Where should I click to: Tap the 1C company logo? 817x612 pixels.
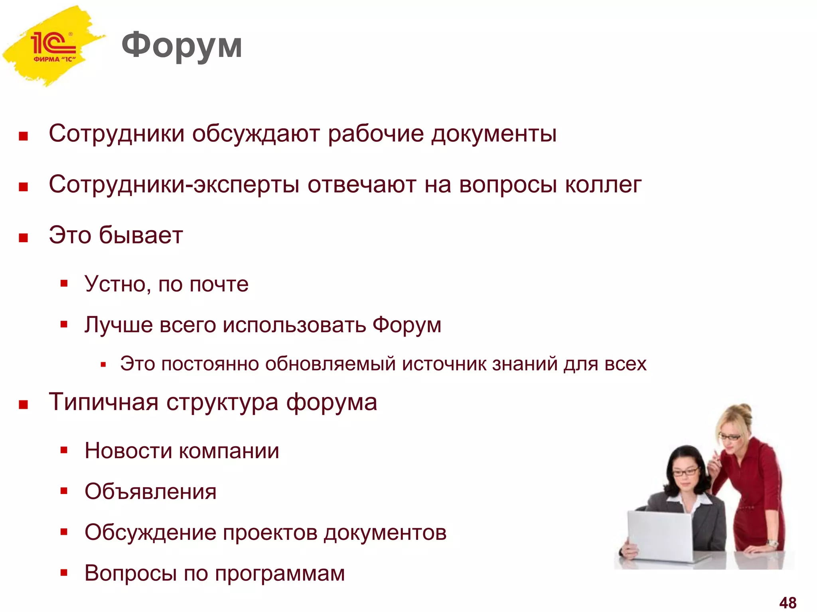point(53,46)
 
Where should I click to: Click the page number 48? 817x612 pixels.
point(787,602)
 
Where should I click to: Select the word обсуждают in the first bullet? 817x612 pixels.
point(256,133)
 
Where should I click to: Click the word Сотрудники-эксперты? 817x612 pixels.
point(174,185)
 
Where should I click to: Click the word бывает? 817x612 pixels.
point(141,235)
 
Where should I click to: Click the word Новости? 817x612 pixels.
point(128,451)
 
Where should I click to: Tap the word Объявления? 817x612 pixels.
point(150,492)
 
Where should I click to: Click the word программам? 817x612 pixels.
point(280,574)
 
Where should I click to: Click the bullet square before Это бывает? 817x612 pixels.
point(24,238)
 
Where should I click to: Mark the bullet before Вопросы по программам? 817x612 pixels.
point(64,573)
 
